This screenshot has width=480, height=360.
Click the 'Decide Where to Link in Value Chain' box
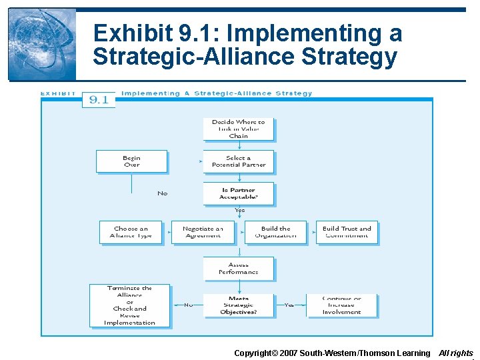pyautogui.click(x=238, y=129)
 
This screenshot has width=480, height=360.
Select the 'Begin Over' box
pyautogui.click(x=131, y=161)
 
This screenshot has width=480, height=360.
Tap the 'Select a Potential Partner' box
pyautogui.click(x=238, y=161)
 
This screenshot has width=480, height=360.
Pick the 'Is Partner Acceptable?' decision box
pyautogui.click(x=238, y=193)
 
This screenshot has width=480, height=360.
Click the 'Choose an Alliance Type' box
pyautogui.click(x=131, y=232)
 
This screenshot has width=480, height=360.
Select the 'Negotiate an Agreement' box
pyautogui.click(x=203, y=232)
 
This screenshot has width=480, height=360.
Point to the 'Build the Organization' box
pyautogui.click(x=275, y=232)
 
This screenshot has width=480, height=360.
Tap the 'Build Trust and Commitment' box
pyautogui.click(x=347, y=232)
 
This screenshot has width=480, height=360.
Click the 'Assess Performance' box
pyautogui.click(x=238, y=268)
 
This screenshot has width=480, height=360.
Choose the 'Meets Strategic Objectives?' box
pyautogui.click(x=238, y=305)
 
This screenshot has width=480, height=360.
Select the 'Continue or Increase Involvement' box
pyautogui.click(x=341, y=305)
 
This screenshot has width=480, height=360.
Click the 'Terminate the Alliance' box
pyautogui.click(x=129, y=305)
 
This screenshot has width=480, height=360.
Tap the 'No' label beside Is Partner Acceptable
pyautogui.click(x=162, y=193)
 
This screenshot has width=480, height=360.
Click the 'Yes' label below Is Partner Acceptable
pyautogui.click(x=239, y=211)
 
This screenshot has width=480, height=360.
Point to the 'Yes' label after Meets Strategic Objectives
pyautogui.click(x=289, y=305)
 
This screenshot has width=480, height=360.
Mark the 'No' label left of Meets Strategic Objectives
pyautogui.click(x=188, y=305)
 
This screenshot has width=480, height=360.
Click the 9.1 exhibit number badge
pyautogui.click(x=99, y=100)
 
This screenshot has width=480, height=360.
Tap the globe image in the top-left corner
pyautogui.click(x=41, y=44)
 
